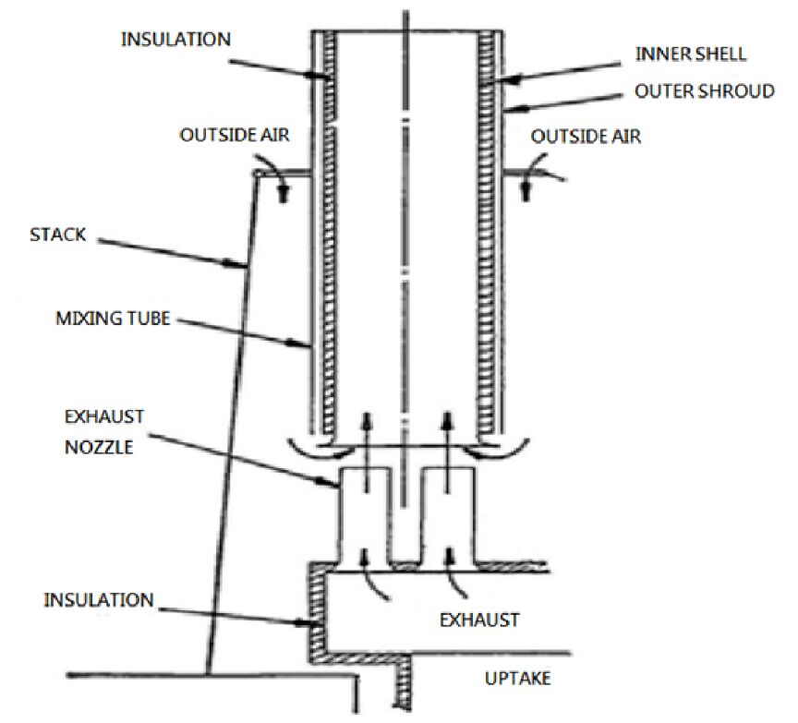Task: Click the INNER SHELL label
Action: tap(691, 54)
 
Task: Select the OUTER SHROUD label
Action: tap(705, 91)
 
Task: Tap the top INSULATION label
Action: tap(175, 39)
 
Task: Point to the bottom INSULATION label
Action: tap(99, 600)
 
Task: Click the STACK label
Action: tap(58, 235)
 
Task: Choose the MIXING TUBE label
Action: tap(113, 319)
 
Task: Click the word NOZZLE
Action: tap(99, 447)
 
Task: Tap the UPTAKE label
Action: tap(517, 679)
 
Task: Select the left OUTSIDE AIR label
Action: tap(235, 135)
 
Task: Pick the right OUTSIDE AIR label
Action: tap(586, 137)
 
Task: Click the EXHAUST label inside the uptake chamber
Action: tap(479, 620)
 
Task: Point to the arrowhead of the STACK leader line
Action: tap(238, 263)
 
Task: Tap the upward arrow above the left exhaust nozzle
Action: tap(367, 452)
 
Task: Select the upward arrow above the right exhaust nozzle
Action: tap(448, 452)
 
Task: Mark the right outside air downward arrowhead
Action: tap(526, 194)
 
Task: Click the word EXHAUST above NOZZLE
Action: tap(104, 416)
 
